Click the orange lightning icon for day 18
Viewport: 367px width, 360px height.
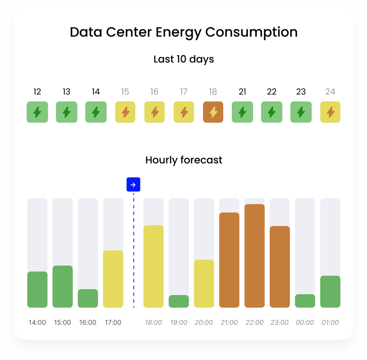point(213,112)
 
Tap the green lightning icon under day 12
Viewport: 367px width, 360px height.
point(37,112)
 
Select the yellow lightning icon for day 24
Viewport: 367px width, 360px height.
point(330,112)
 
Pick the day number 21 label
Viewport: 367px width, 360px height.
point(242,92)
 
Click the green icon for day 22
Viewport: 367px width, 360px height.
point(272,112)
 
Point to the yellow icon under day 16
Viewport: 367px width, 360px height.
point(154,112)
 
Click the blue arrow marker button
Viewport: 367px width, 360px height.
point(133,185)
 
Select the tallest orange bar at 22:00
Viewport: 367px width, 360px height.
point(254,256)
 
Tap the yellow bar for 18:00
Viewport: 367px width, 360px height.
point(153,266)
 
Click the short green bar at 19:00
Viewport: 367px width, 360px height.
point(179,301)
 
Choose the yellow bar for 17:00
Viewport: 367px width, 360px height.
point(113,279)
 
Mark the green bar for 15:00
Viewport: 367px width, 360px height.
point(63,286)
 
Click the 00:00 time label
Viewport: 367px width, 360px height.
point(305,322)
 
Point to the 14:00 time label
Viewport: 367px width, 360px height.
point(37,322)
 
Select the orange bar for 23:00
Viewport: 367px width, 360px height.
point(280,266)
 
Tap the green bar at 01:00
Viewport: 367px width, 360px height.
point(330,292)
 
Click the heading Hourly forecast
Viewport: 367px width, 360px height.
point(183,160)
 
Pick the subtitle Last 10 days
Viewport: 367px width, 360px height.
point(183,59)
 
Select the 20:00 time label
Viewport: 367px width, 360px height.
point(204,322)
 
